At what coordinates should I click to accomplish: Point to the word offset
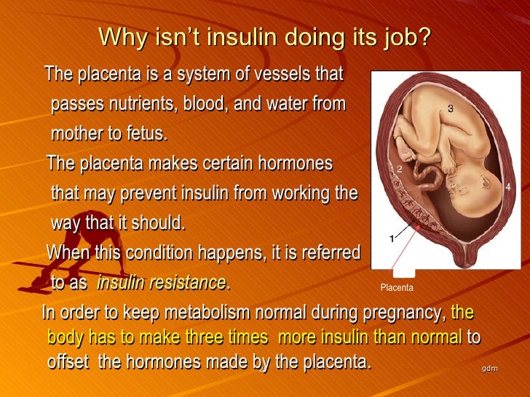pyautogui.click(x=69, y=361)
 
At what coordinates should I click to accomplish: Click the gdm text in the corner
pyautogui.click(x=489, y=369)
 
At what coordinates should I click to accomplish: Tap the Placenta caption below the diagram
pyautogui.click(x=397, y=288)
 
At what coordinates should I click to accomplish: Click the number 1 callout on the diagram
pyautogui.click(x=391, y=238)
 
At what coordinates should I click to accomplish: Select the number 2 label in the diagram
pyautogui.click(x=399, y=169)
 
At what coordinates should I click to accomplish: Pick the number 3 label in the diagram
pyautogui.click(x=451, y=108)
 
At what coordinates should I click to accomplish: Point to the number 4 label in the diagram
pyautogui.click(x=507, y=187)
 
